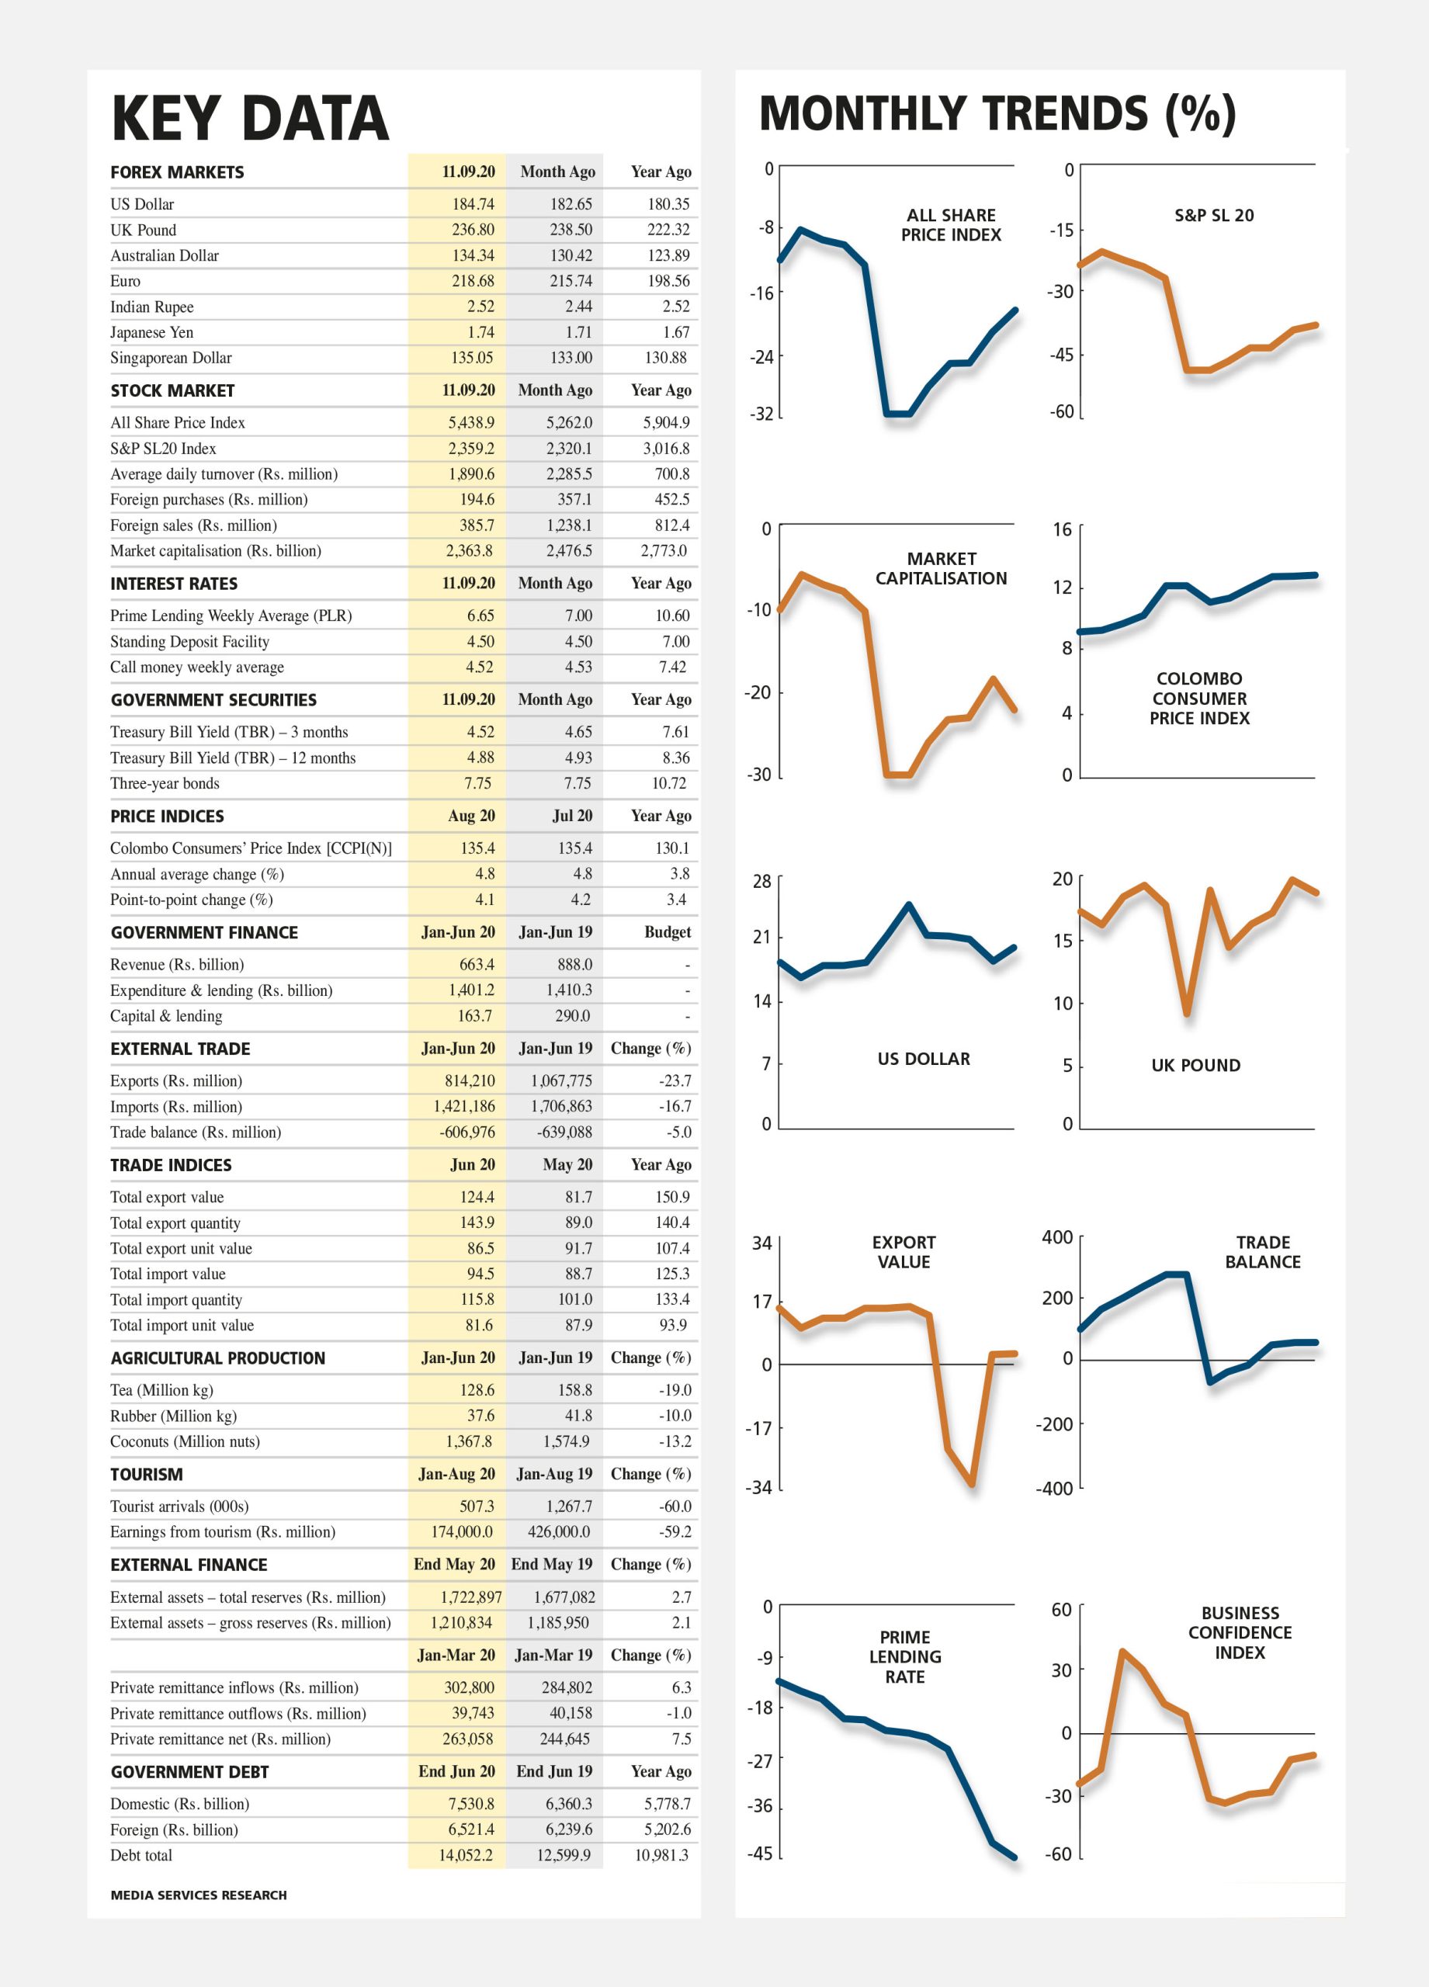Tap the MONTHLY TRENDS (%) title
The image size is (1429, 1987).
pyautogui.click(x=997, y=114)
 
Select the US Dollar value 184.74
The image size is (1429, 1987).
pyautogui.click(x=473, y=204)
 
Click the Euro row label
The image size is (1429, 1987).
pyautogui.click(x=125, y=281)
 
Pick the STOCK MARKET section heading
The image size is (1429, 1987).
pyautogui.click(x=172, y=390)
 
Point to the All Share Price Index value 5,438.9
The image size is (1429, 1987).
pyautogui.click(x=471, y=422)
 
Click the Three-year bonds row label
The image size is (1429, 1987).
pyautogui.click(x=165, y=783)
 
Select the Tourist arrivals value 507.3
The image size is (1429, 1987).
pyautogui.click(x=477, y=1506)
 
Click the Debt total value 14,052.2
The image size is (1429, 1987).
pyautogui.click(x=466, y=1855)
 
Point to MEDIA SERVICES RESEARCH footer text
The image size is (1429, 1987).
pyautogui.click(x=199, y=1895)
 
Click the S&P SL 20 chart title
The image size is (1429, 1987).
pyautogui.click(x=1214, y=216)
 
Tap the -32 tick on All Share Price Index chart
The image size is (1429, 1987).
pyautogui.click(x=761, y=414)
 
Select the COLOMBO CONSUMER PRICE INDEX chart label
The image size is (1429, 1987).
pyautogui.click(x=1199, y=699)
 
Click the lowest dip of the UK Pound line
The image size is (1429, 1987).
pyautogui.click(x=1187, y=1014)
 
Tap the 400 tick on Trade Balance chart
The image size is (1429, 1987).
pyautogui.click(x=1057, y=1237)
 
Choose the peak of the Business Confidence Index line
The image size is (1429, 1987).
pyautogui.click(x=1122, y=1652)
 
